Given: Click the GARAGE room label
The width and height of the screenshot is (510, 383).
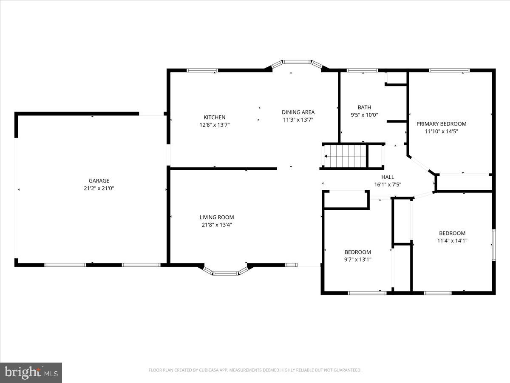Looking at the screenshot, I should (x=99, y=181).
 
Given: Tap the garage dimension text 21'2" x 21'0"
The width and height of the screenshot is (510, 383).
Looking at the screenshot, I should (x=99, y=188).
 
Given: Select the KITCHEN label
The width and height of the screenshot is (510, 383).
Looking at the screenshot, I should (x=214, y=117).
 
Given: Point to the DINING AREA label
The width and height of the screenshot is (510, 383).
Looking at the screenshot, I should (x=298, y=112).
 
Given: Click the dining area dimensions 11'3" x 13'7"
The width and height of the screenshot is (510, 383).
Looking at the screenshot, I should (x=298, y=120).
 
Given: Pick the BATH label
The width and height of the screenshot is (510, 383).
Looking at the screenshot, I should (x=364, y=108).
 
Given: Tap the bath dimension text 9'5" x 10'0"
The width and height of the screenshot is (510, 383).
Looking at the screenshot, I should (x=364, y=115).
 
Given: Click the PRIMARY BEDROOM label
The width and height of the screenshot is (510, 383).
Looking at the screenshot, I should (x=441, y=124).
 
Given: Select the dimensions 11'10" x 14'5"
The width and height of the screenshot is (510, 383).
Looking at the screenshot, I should (x=441, y=131).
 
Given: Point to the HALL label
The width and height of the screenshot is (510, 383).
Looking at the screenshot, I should (x=388, y=177).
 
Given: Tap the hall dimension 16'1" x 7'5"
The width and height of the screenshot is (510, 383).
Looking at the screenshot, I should (x=388, y=185).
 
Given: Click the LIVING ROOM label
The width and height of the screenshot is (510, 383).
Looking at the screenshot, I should (x=217, y=217).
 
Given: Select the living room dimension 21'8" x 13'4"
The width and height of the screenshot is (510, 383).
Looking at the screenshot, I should (x=217, y=225).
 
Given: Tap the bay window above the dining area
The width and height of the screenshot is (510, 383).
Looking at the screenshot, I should (x=297, y=63).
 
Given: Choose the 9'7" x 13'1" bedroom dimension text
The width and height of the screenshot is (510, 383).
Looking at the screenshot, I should (x=357, y=259).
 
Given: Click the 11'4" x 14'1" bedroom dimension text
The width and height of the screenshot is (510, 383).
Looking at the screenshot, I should (x=452, y=240).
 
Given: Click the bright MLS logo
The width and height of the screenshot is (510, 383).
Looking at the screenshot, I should (x=31, y=373).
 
